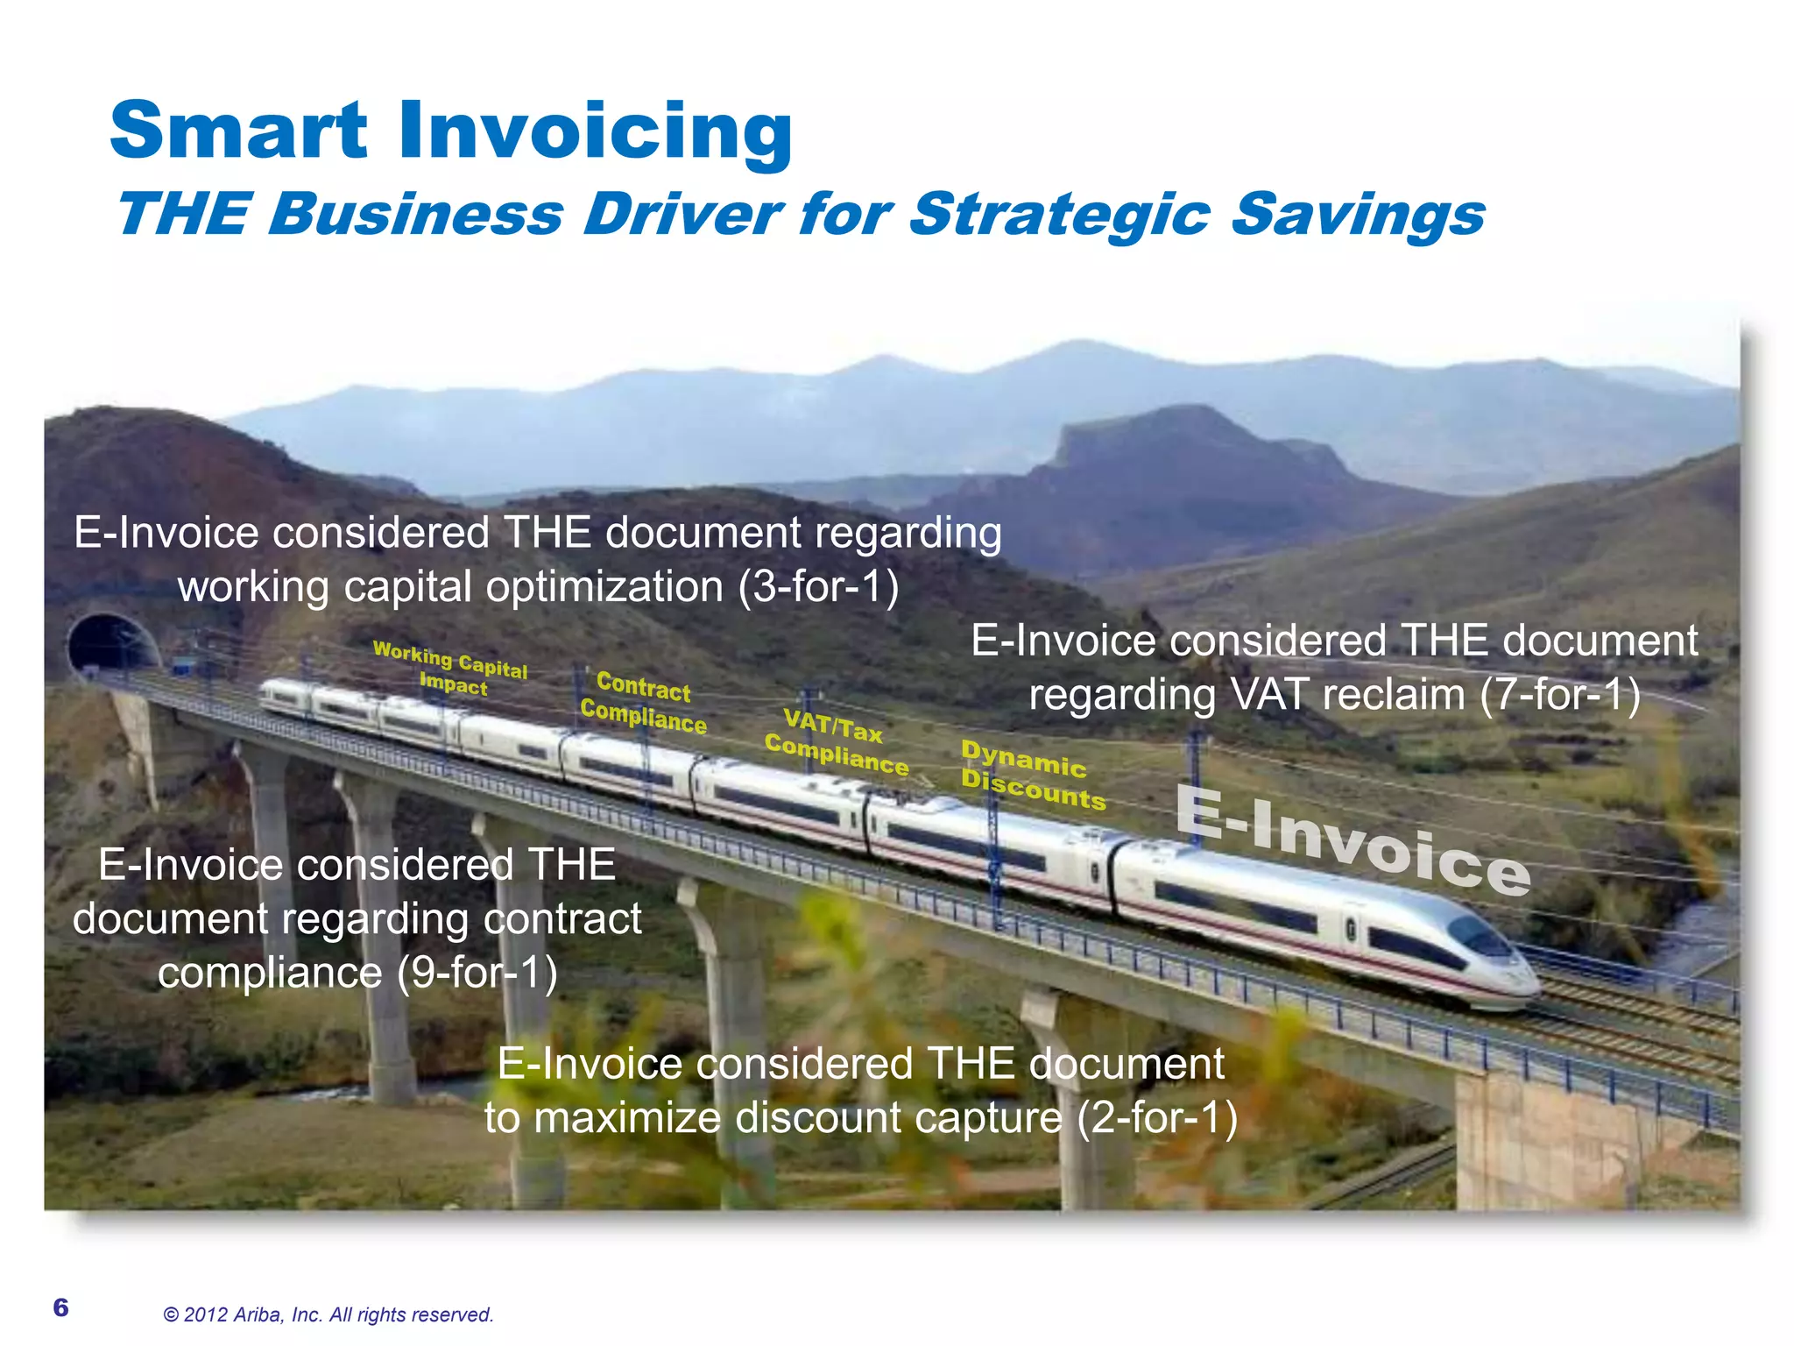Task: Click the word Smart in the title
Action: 238,131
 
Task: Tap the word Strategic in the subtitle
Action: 1060,215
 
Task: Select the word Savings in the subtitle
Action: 1357,215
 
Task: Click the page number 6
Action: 60,1307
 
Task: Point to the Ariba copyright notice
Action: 328,1314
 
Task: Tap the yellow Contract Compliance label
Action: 644,702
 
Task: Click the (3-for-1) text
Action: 818,586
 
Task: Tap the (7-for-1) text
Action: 1559,695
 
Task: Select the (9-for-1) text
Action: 477,973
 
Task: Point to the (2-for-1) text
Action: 1156,1118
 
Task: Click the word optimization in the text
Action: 604,586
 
